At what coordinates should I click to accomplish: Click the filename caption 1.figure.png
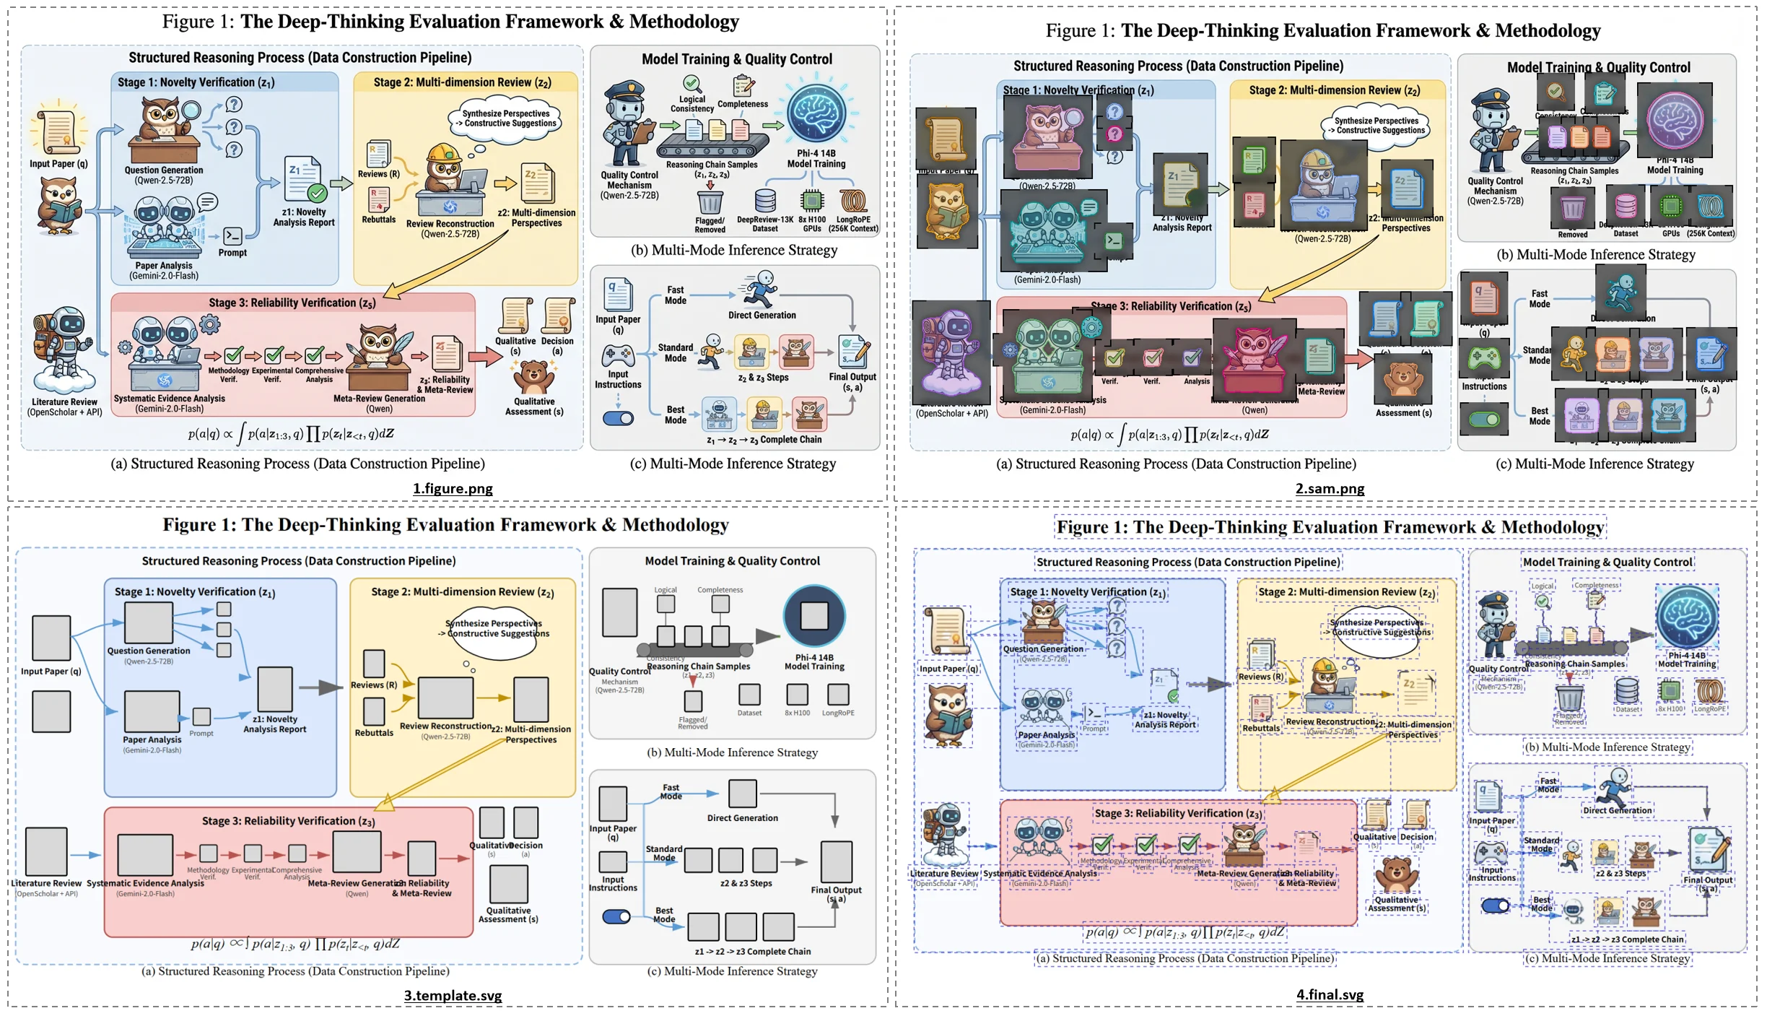pos(453,489)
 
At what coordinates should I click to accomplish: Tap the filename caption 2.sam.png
pos(1330,489)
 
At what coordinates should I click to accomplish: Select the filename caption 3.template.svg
pos(453,996)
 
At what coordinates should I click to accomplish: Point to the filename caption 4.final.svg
pos(1330,995)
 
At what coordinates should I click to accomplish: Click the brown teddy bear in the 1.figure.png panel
pos(534,377)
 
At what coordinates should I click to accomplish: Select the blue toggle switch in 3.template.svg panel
pos(616,917)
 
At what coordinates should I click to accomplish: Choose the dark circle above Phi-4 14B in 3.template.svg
pos(814,616)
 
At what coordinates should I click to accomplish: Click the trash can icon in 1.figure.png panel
pos(710,202)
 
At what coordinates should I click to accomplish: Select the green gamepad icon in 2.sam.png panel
pos(1484,358)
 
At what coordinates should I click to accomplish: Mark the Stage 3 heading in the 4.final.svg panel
pos(1178,814)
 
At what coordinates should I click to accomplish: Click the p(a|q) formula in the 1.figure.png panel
pos(290,434)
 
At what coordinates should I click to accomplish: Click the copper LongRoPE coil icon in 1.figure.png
pos(852,201)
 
